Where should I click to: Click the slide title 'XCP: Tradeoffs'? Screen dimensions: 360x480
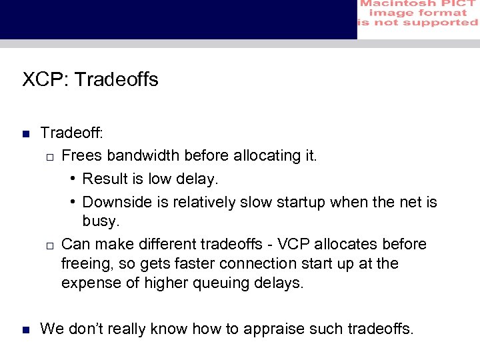[90, 80]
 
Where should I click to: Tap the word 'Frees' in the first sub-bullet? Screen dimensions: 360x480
[81, 155]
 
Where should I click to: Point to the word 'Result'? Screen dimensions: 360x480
[105, 179]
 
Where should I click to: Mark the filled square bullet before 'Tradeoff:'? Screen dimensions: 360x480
[25, 134]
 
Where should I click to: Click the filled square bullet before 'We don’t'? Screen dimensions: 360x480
[25, 329]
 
